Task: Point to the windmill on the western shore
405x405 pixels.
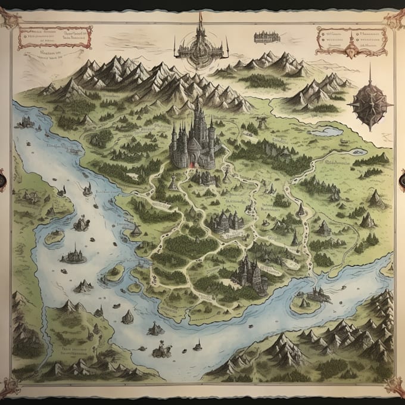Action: coord(88,189)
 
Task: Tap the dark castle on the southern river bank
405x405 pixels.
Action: coord(250,272)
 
